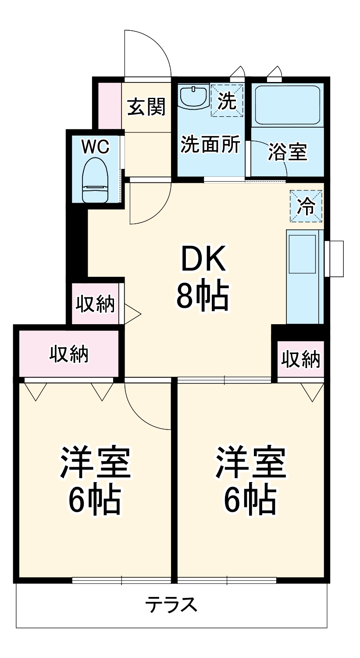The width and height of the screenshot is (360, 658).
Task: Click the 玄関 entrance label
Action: [146, 107]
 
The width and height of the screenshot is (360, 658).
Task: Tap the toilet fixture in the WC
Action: [95, 180]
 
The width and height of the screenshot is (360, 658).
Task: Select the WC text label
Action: [95, 147]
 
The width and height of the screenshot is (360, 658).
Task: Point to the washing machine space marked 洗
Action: [227, 100]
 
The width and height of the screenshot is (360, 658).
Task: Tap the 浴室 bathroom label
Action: [288, 152]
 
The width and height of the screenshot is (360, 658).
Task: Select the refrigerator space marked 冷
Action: [306, 206]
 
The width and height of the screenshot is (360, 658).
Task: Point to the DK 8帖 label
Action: [202, 279]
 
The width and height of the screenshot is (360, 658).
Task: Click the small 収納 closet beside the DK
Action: [95, 304]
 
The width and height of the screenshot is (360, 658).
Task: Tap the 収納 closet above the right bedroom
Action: [300, 359]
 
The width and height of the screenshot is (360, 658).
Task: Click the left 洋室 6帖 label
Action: [95, 480]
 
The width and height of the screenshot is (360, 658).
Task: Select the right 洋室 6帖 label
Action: [250, 480]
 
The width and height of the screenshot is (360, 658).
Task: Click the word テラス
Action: [171, 605]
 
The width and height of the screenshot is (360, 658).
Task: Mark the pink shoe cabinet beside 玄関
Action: [109, 105]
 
